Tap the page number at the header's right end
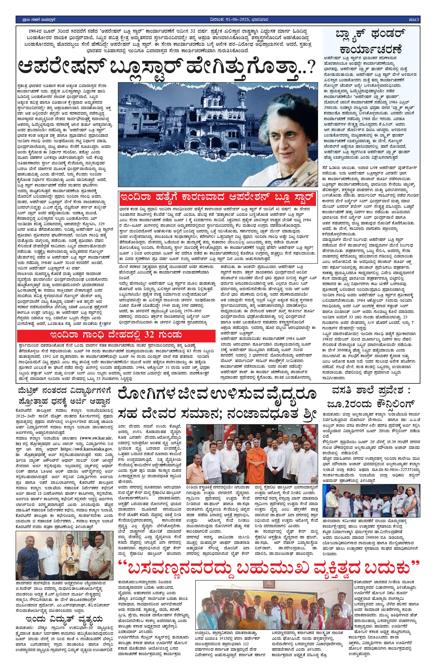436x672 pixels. tap(414, 19)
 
